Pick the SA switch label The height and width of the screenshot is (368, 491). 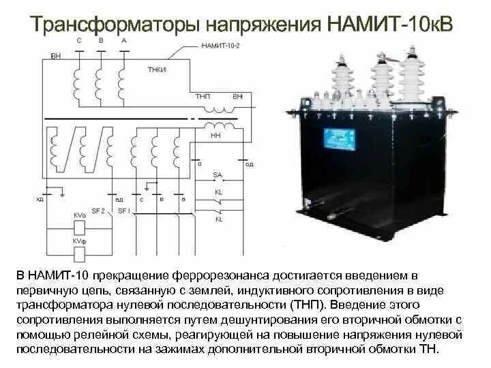coord(218,176)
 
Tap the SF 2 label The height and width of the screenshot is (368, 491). coord(98,211)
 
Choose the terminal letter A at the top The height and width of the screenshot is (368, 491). coord(123,41)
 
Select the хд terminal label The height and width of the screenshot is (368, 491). coord(39,199)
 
